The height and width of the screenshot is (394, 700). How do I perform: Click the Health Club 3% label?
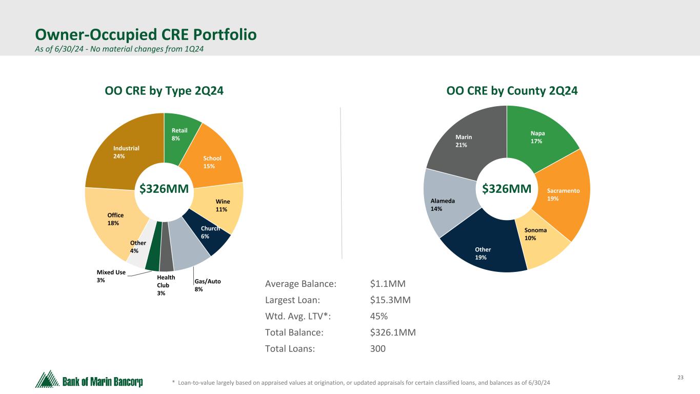click(x=165, y=285)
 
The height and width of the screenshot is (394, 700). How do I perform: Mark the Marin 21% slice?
click(x=464, y=141)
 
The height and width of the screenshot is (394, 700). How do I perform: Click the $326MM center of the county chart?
click(x=507, y=189)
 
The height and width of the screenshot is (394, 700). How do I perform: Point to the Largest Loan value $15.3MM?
click(x=390, y=300)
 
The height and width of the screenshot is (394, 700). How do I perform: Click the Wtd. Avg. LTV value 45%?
click(x=378, y=316)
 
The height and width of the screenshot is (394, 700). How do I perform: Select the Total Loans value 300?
click(x=377, y=349)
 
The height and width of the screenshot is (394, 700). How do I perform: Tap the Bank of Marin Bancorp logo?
click(x=89, y=380)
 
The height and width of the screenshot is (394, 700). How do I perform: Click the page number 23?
click(x=681, y=378)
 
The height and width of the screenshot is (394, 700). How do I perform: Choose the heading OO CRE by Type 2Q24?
click(x=164, y=91)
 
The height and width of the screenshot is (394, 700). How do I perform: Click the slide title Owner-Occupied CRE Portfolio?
click(x=146, y=35)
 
